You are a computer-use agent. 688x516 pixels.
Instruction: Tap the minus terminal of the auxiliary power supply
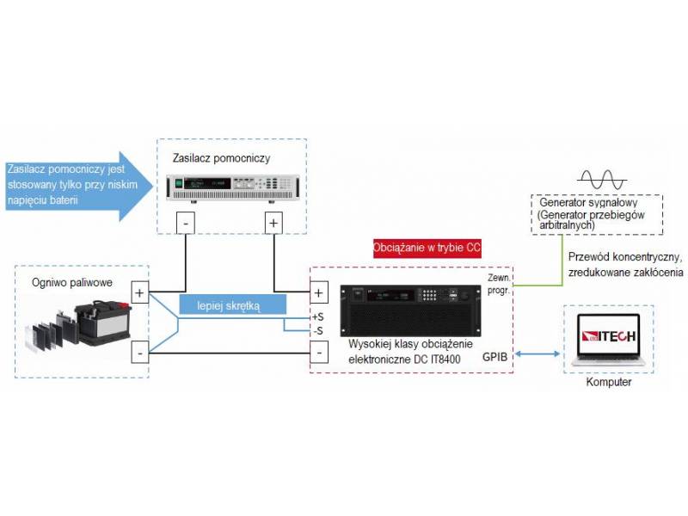tap(188, 224)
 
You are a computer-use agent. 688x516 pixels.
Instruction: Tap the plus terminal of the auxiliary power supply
tap(273, 224)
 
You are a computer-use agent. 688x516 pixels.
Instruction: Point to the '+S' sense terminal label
tap(317, 316)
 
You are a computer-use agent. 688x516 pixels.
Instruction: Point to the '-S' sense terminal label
tap(318, 330)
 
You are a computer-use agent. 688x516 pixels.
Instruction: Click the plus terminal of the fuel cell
tap(139, 292)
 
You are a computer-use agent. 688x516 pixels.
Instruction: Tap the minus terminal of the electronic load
tap(318, 353)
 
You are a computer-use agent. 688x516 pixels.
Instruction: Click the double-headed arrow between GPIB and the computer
tap(537, 354)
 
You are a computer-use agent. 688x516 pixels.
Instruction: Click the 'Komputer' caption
tap(608, 382)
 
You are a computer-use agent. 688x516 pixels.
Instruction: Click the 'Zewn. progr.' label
tap(498, 285)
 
